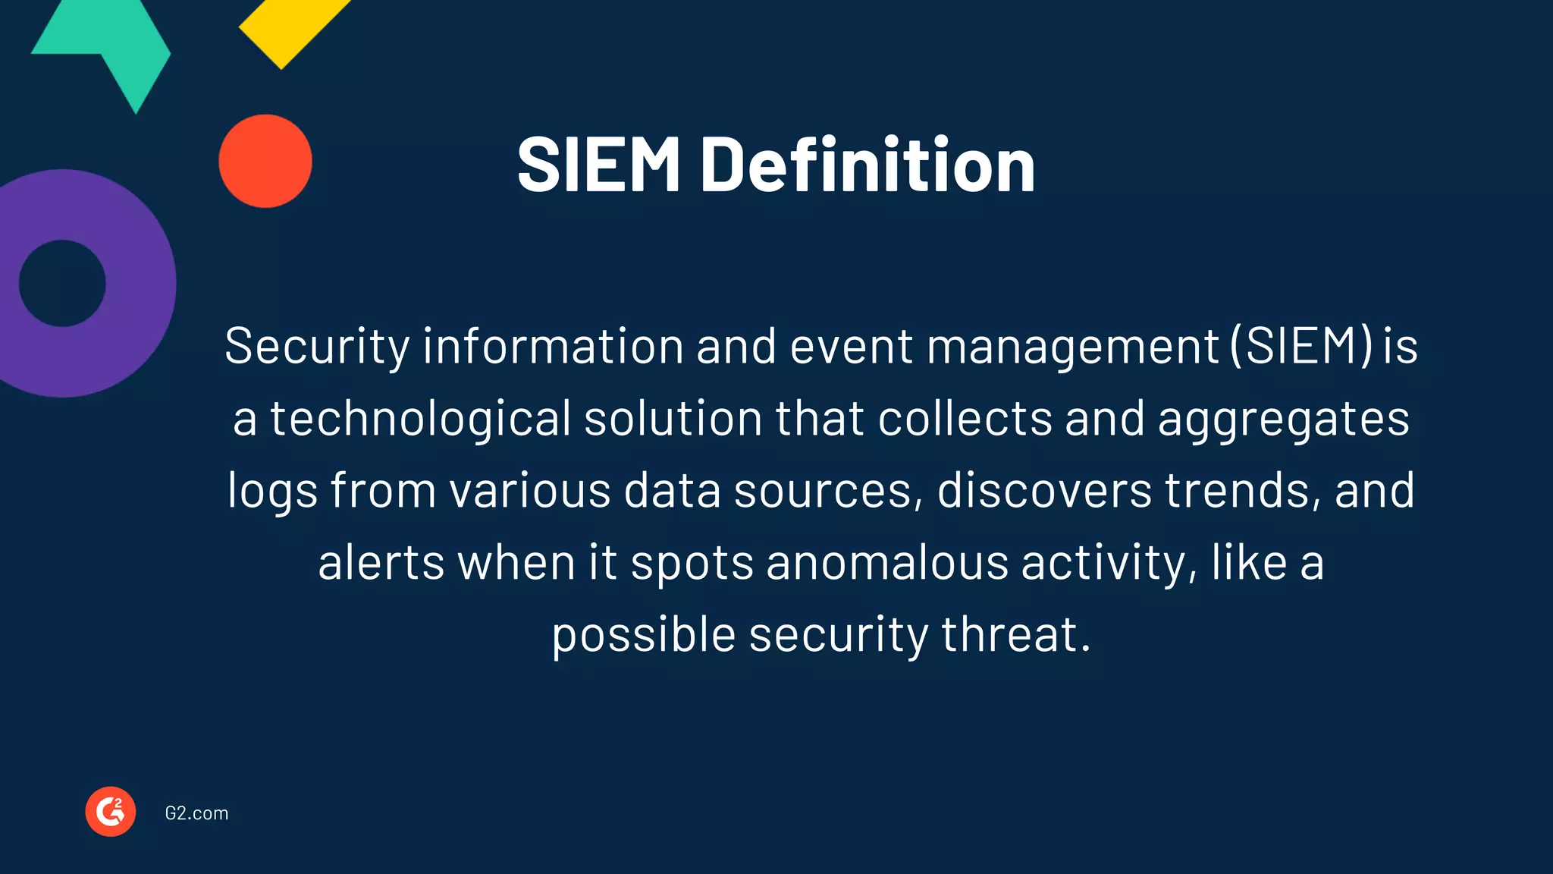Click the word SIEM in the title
pos(598,165)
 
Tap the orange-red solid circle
pos(265,161)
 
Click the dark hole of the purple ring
pos(62,284)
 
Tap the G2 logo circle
pos(111,812)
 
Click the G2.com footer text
pos(196,813)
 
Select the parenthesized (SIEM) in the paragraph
pos(1301,346)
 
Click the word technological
pos(421,418)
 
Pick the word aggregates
pos(1283,418)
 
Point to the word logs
pos(272,490)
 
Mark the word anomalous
pos(887,562)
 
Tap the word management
pos(1071,346)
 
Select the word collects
pos(965,418)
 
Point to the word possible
pos(643,634)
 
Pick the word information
pos(553,346)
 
